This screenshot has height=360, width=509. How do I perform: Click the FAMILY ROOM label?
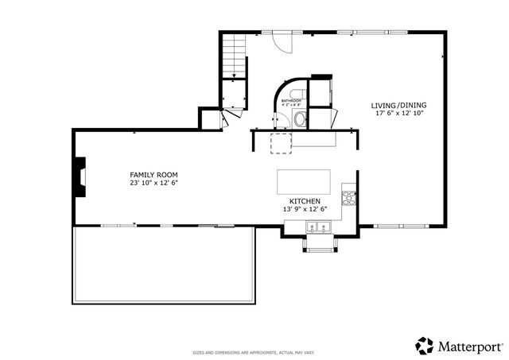(x=153, y=174)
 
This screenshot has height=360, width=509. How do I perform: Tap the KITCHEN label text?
(x=305, y=201)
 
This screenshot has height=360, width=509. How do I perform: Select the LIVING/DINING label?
(x=399, y=105)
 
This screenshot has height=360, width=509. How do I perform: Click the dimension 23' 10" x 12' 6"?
(x=153, y=182)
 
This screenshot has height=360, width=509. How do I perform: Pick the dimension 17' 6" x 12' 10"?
(x=399, y=113)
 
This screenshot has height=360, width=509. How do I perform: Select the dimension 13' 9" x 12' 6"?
(x=305, y=209)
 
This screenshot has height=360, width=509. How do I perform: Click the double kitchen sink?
(x=320, y=228)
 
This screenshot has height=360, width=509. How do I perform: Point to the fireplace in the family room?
(x=80, y=176)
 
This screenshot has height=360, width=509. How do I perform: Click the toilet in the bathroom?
(x=299, y=120)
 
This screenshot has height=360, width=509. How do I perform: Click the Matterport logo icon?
(x=425, y=345)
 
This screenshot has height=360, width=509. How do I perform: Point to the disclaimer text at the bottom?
(x=254, y=352)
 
